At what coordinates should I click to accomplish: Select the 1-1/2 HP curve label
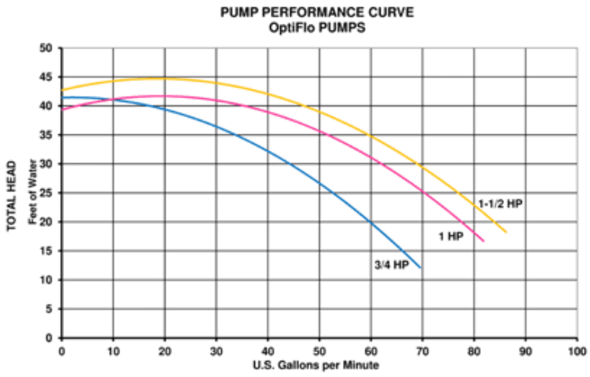coord(500,203)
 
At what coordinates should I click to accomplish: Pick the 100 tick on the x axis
coord(577,350)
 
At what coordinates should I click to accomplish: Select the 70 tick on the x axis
coord(422,350)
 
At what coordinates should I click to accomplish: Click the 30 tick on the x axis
coord(216,350)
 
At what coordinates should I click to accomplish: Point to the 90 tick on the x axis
coord(525,350)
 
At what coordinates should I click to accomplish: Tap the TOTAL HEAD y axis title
coord(11,194)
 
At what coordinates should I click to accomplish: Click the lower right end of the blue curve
coord(421,268)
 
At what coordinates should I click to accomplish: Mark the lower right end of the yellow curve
coord(507,233)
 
